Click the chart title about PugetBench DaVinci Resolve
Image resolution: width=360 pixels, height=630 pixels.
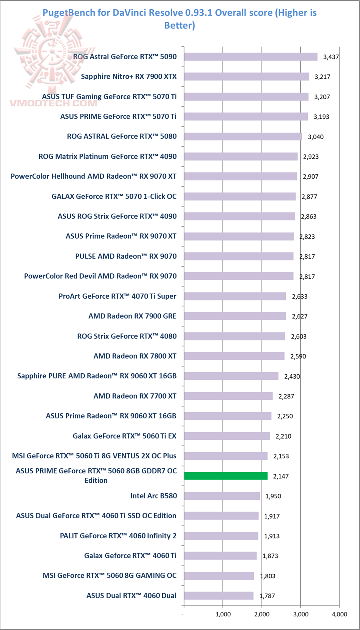pyautogui.click(x=180, y=18)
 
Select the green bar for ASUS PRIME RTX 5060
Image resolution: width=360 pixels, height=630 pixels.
pyautogui.click(x=226, y=476)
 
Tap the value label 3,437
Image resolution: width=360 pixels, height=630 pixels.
pyautogui.click(x=331, y=57)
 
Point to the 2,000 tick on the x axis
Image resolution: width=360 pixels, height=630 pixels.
pyautogui.click(x=262, y=614)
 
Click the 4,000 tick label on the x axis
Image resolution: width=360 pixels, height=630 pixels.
pyautogui.click(x=339, y=614)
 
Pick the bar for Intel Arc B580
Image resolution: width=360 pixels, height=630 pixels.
pyautogui.click(x=222, y=496)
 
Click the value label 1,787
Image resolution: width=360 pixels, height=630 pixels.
pyautogui.click(x=267, y=596)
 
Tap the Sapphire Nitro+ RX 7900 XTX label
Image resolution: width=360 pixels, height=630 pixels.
pyautogui.click(x=132, y=77)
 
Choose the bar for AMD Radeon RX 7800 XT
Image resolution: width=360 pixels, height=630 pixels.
pyautogui.click(x=234, y=356)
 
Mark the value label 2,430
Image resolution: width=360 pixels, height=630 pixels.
pyautogui.click(x=292, y=376)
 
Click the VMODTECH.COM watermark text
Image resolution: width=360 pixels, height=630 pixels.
pyautogui.click(x=53, y=103)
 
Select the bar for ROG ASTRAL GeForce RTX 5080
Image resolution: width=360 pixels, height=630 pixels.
pyautogui.click(x=243, y=136)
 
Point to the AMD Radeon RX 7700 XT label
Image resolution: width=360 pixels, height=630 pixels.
pyautogui.click(x=135, y=396)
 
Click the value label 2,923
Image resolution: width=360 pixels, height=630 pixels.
pyautogui.click(x=311, y=156)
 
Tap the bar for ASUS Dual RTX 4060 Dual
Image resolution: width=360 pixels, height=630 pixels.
pyautogui.click(x=219, y=596)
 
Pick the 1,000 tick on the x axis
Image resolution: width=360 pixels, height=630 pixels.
pyautogui.click(x=223, y=614)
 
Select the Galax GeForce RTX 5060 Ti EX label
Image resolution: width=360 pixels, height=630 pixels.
pyautogui.click(x=124, y=436)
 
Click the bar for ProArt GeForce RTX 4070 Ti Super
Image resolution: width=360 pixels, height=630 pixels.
pyautogui.click(x=235, y=296)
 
